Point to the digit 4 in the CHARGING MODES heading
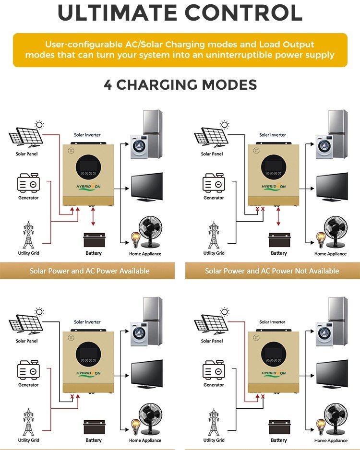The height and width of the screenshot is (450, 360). (108, 85)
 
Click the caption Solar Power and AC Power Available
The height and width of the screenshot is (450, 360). (90, 271)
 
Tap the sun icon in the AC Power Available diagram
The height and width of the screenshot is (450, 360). (39, 125)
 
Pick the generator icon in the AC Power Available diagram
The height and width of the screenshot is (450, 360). (28, 184)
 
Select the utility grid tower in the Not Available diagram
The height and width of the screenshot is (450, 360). (214, 235)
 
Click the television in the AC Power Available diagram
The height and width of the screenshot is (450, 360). (146, 186)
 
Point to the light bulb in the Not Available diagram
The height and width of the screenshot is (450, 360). (320, 238)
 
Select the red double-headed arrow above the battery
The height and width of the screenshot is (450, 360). (94, 217)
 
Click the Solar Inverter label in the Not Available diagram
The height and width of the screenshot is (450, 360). (272, 135)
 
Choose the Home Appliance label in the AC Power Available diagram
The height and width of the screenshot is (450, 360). (145, 254)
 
